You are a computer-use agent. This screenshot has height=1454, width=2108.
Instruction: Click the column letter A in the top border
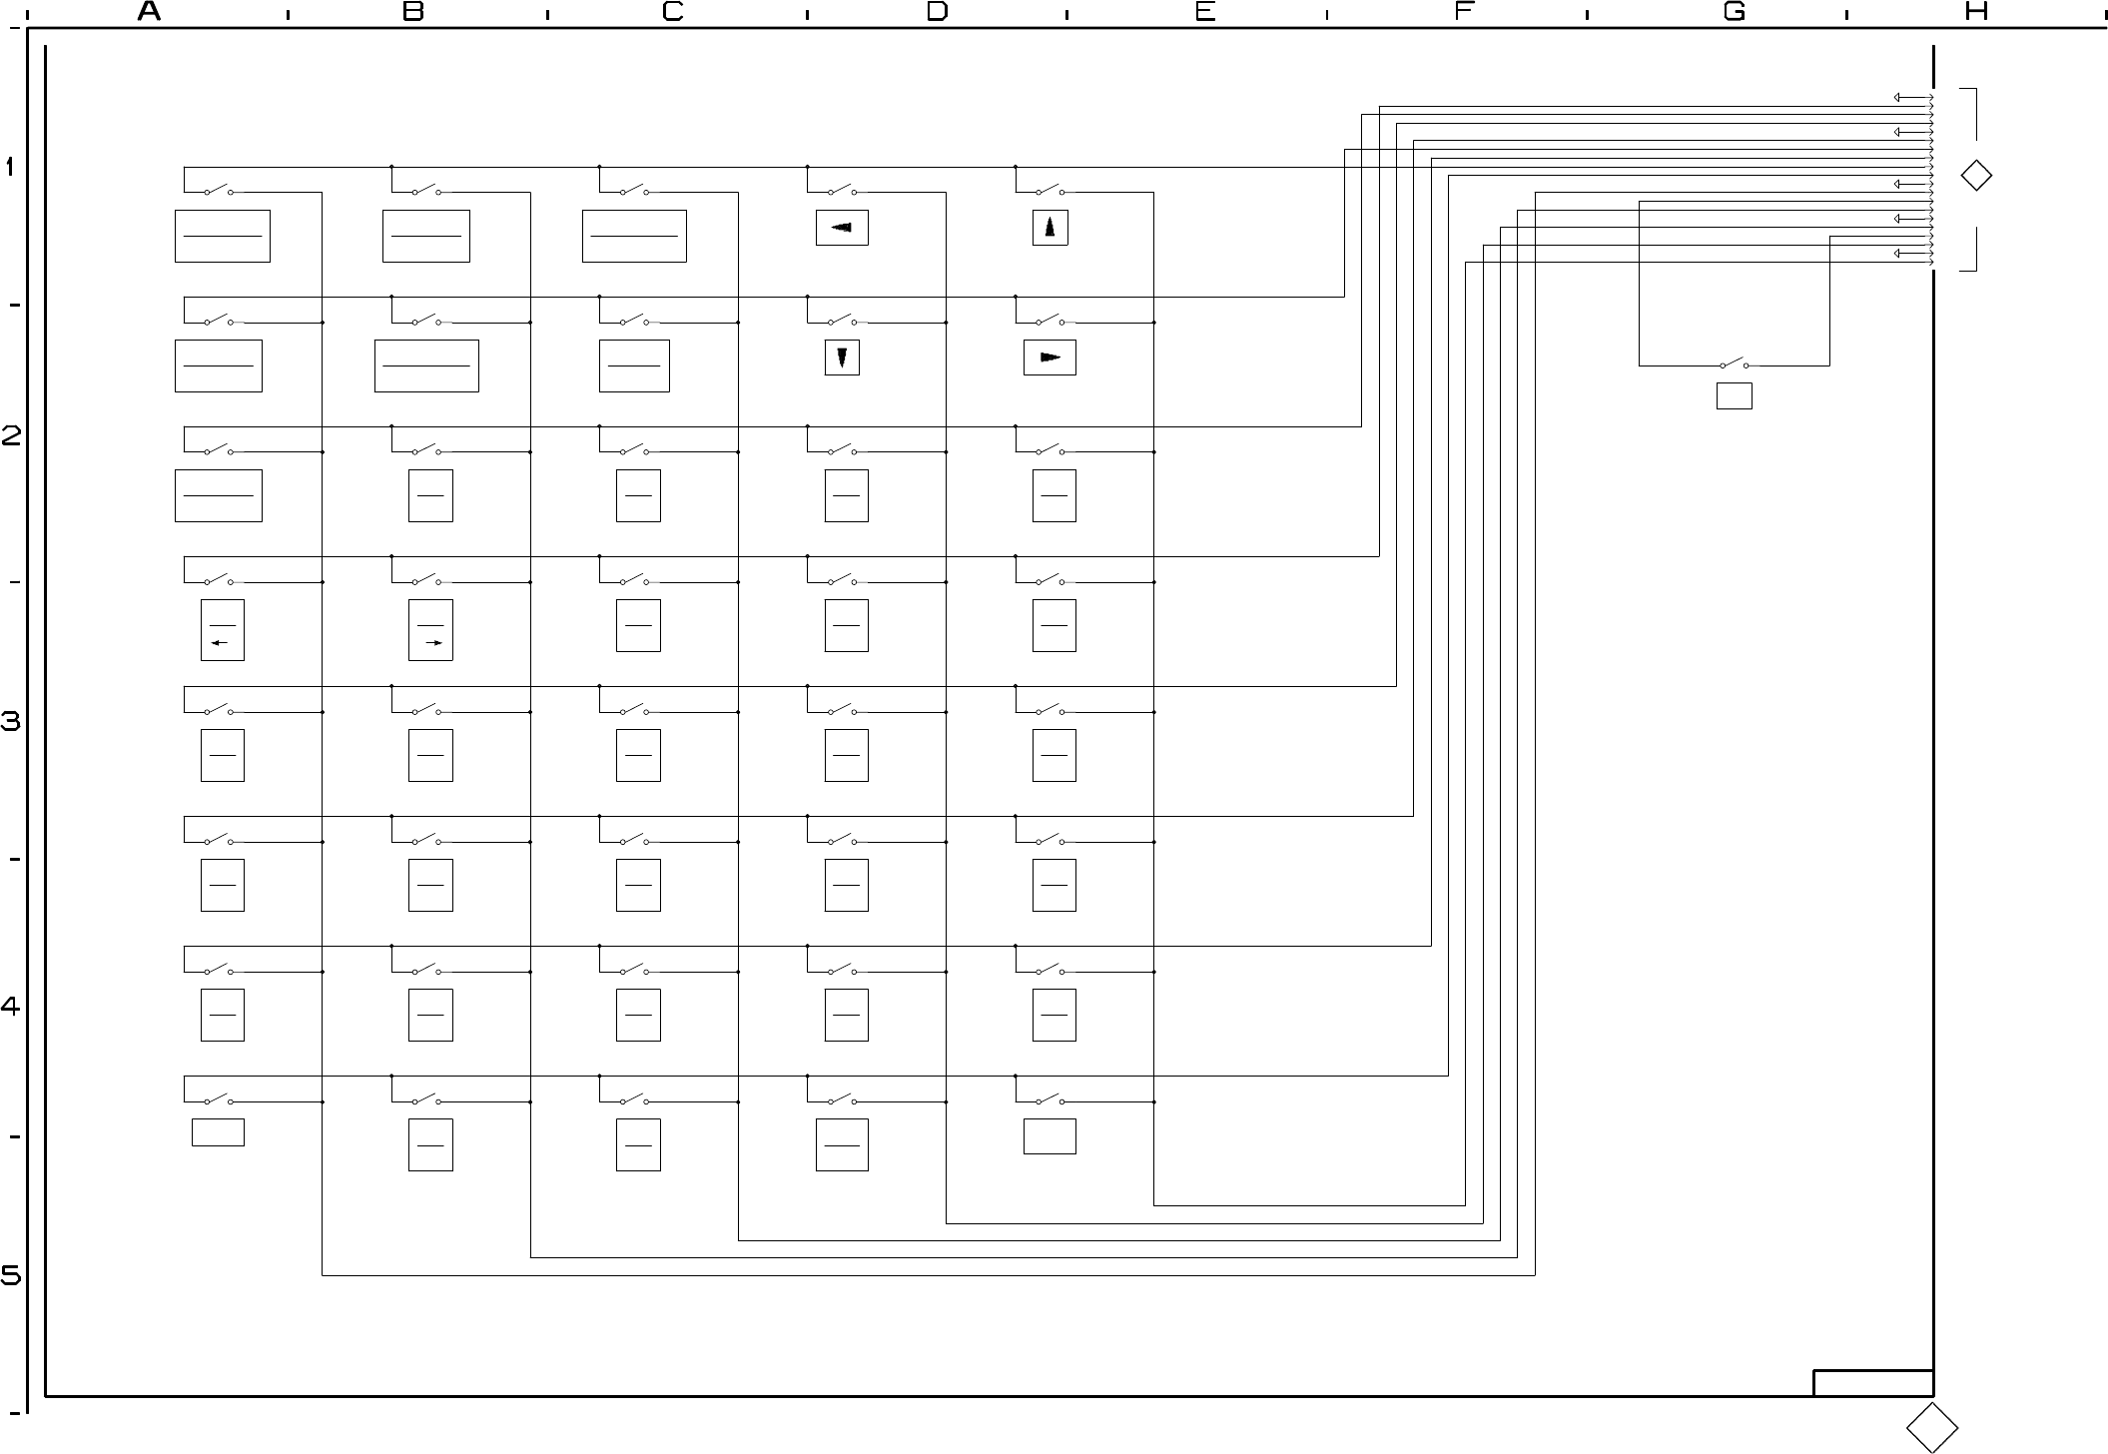(149, 12)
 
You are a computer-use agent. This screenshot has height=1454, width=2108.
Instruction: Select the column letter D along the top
(937, 12)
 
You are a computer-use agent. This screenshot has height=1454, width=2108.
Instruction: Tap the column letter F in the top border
(1464, 12)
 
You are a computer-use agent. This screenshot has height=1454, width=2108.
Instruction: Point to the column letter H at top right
(1976, 12)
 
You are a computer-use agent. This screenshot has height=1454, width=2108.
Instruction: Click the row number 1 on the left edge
(10, 167)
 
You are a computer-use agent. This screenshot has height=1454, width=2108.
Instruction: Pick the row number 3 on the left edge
(10, 721)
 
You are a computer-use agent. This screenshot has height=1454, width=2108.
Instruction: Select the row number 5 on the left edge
(10, 1276)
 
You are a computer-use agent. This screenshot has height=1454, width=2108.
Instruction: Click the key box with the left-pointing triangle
(842, 228)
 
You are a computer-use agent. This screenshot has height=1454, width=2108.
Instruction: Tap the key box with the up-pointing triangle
(1050, 228)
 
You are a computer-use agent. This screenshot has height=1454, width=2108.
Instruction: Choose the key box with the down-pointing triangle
(842, 358)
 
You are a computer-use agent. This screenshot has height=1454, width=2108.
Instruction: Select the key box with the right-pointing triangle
(1050, 358)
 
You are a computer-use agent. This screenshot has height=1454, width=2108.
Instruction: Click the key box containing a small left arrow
(222, 630)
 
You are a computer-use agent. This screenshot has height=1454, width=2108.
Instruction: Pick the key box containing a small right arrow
(430, 630)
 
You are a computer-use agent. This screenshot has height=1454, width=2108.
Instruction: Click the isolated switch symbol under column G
(1734, 364)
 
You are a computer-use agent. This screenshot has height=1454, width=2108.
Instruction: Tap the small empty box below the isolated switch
(1734, 395)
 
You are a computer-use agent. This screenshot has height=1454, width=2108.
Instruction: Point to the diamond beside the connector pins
(1976, 176)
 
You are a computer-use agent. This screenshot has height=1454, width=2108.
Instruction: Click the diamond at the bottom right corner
(1932, 1427)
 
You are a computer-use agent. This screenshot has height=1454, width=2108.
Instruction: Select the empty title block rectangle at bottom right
(1873, 1383)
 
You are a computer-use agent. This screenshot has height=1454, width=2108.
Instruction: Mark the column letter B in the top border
(412, 12)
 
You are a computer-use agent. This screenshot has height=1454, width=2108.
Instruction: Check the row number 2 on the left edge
(10, 436)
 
